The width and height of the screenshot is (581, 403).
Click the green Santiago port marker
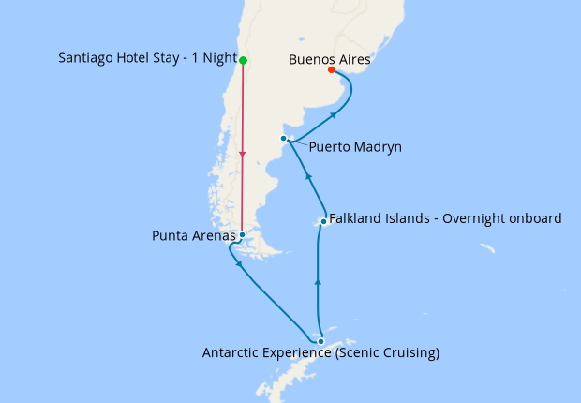pos(243,61)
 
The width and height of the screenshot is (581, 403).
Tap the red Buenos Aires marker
pos(332,69)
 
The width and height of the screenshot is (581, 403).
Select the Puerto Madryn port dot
pos(283,139)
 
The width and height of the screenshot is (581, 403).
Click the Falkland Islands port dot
pos(323,222)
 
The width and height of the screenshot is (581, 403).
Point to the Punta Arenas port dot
pos(242,234)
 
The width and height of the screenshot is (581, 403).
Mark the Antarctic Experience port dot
pos(320,341)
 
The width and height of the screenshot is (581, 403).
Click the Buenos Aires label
pos(330,58)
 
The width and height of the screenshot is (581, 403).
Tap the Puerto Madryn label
pos(354,147)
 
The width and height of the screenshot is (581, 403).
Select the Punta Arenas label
pos(193,236)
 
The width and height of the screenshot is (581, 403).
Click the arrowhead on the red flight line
pos(243,154)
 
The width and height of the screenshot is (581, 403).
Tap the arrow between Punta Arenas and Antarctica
pos(242,264)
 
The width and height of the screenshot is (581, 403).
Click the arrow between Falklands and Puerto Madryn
pos(308,175)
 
